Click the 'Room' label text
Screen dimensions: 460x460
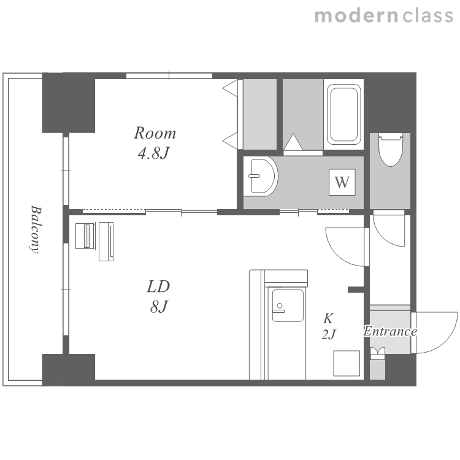pyautogui.click(x=155, y=133)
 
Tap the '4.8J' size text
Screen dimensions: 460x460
pyautogui.click(x=154, y=153)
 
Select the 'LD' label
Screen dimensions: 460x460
pyautogui.click(x=158, y=286)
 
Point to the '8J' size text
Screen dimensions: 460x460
pyautogui.click(x=159, y=307)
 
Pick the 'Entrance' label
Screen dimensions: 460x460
pyautogui.click(x=390, y=331)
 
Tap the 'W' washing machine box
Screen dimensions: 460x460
pyautogui.click(x=342, y=182)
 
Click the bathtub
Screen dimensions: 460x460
pyautogui.click(x=344, y=115)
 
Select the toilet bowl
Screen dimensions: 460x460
pyautogui.click(x=390, y=150)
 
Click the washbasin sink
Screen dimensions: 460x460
pyautogui.click(x=261, y=176)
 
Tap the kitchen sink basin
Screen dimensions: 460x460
pyautogui.click(x=288, y=305)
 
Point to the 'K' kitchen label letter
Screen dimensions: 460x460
pyautogui.click(x=328, y=318)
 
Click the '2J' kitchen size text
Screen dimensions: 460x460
pyautogui.click(x=329, y=334)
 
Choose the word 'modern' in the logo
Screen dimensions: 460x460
pyautogui.click(x=356, y=15)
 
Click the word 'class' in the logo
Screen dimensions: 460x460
pyautogui.click(x=427, y=15)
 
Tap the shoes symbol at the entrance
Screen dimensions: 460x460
pyautogui.click(x=377, y=353)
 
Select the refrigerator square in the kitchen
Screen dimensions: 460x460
pyautogui.click(x=347, y=363)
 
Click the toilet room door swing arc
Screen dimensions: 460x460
pyautogui.click(x=385, y=236)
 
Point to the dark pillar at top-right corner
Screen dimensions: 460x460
pyautogui.click(x=390, y=102)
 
